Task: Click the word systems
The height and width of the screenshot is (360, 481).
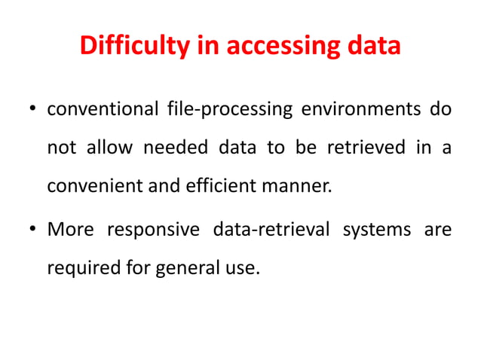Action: coord(376,229)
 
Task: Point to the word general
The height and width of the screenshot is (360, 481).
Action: coord(181,266)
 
